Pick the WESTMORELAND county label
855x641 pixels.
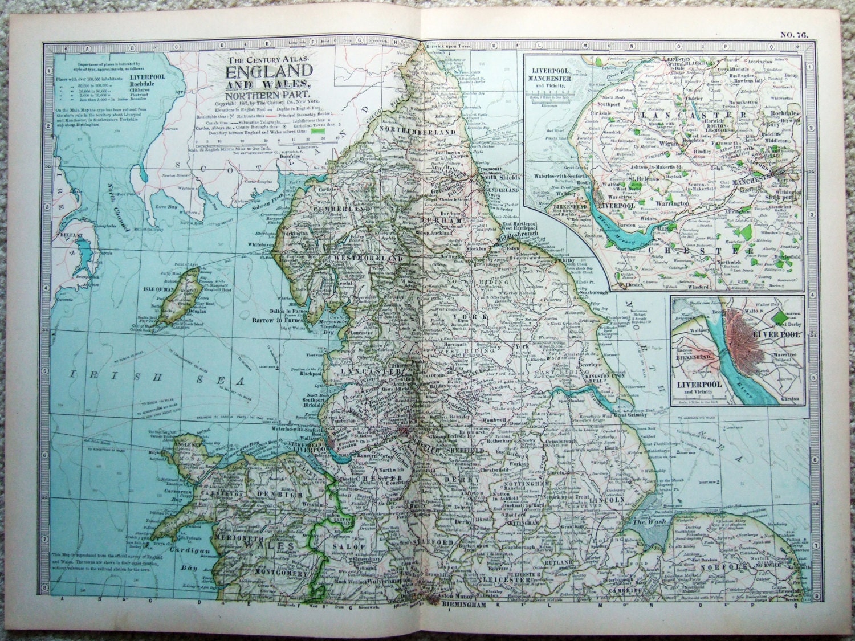pos(368,258)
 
